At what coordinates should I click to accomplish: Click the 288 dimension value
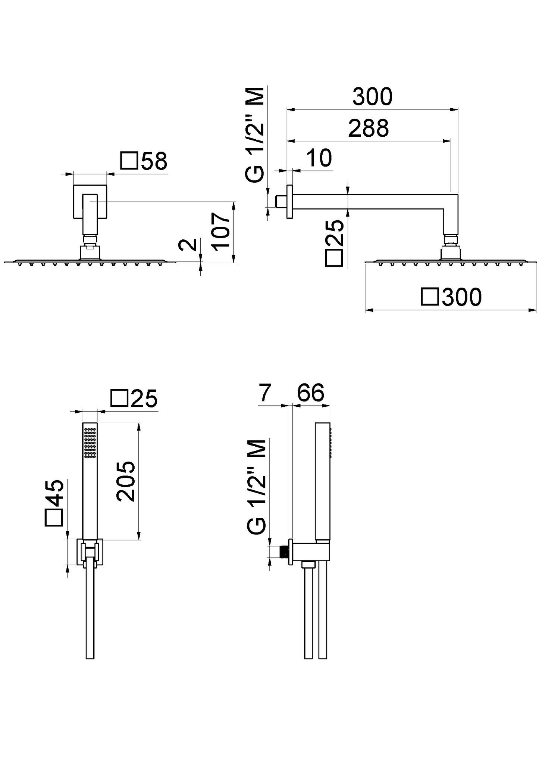(x=369, y=128)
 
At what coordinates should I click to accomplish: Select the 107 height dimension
(x=220, y=230)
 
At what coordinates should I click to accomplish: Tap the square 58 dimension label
(x=144, y=161)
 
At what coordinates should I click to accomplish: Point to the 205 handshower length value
(x=125, y=481)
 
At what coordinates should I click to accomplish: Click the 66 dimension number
(x=311, y=393)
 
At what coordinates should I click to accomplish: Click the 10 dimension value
(x=319, y=158)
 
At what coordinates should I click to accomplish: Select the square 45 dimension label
(x=54, y=503)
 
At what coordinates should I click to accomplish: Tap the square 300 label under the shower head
(x=451, y=297)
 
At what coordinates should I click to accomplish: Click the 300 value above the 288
(x=372, y=96)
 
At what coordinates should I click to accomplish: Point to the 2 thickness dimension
(x=188, y=245)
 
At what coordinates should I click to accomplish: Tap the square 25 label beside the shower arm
(x=334, y=243)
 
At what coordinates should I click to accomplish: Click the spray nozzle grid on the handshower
(x=90, y=443)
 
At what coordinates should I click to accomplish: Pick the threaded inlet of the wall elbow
(x=283, y=552)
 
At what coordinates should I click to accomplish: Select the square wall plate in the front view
(x=90, y=201)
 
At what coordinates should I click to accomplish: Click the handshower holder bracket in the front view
(x=90, y=552)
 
